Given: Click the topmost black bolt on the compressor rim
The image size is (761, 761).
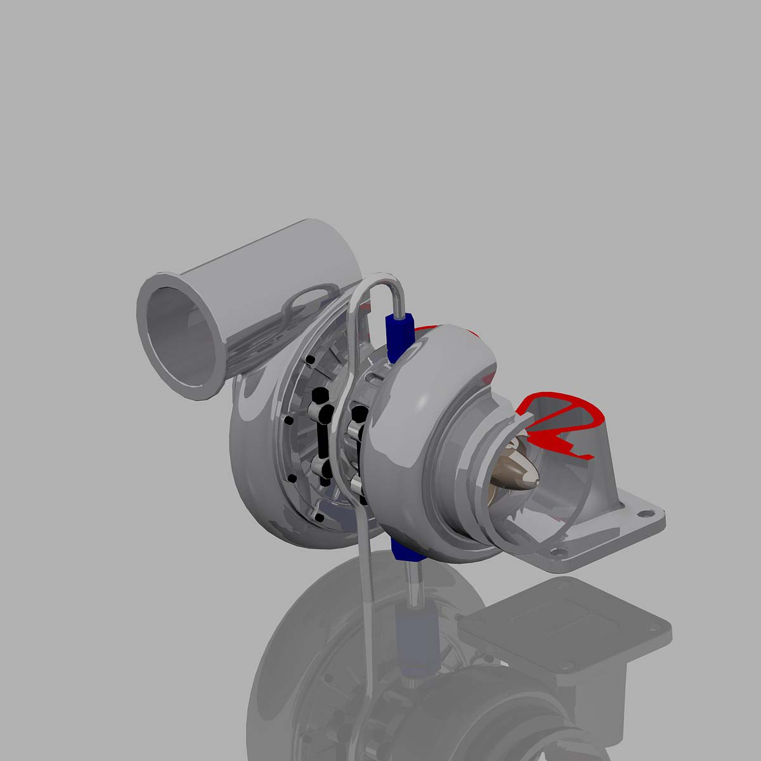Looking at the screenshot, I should [310, 360].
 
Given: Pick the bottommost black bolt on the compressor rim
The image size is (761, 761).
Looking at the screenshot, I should [319, 518].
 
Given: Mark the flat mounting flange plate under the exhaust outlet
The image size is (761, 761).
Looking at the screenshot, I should [602, 533].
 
